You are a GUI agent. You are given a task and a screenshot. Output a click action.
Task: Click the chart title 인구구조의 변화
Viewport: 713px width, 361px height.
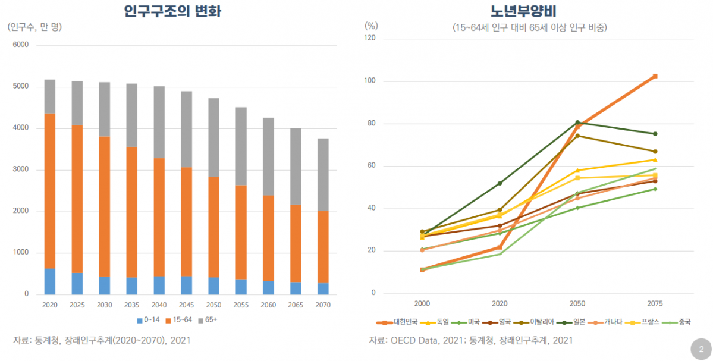[172, 11]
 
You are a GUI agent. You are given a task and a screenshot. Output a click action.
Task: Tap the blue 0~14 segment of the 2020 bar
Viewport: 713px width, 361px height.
[50, 281]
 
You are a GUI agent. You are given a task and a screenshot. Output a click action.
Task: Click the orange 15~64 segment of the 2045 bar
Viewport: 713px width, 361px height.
[187, 221]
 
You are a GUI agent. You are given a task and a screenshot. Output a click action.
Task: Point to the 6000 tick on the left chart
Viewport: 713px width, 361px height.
[21, 45]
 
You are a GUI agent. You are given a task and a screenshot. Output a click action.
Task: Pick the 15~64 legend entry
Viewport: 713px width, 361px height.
[178, 320]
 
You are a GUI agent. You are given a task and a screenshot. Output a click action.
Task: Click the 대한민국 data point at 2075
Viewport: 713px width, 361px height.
[655, 76]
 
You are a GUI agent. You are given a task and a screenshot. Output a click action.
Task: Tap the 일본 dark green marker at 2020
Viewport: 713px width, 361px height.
[500, 183]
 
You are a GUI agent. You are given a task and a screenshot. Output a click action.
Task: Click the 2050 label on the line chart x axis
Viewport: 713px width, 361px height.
[577, 302]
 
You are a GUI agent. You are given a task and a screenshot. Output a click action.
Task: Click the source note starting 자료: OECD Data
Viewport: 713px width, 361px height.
[470, 340]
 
